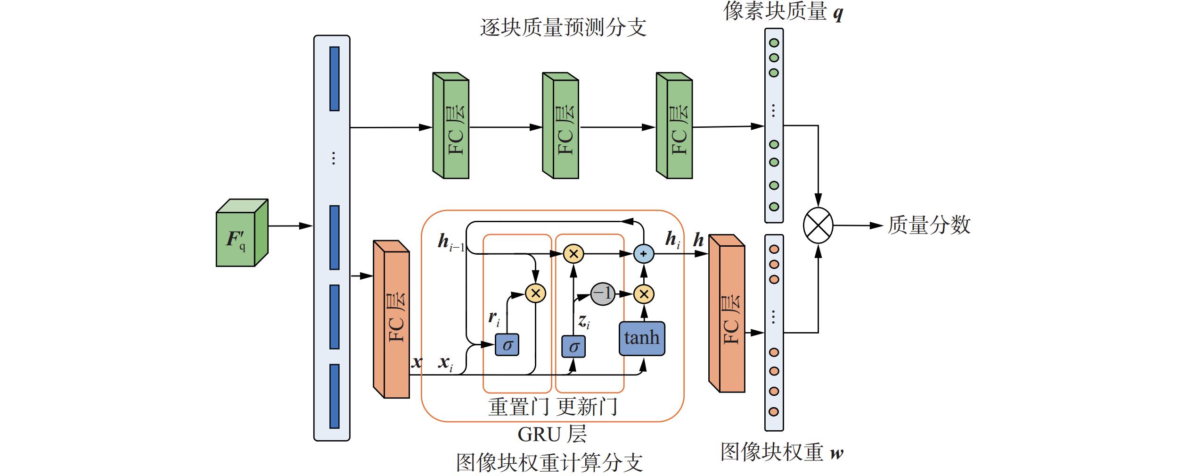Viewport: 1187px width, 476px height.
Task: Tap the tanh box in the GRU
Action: [641, 338]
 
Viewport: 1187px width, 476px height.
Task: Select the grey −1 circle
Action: [602, 294]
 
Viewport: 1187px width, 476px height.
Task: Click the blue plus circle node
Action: [644, 254]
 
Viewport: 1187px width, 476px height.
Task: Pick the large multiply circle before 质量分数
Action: [818, 225]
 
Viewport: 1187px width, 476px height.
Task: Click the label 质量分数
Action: [929, 225]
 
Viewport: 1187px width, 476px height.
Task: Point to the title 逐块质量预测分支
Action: [563, 27]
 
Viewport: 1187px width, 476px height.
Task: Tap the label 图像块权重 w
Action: [782, 452]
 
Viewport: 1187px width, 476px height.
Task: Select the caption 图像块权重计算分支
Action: [549, 463]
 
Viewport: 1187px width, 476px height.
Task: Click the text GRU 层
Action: [552, 434]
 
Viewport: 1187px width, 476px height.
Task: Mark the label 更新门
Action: [587, 407]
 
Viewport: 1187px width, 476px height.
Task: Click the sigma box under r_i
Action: [507, 345]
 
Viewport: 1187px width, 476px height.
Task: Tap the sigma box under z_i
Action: [573, 347]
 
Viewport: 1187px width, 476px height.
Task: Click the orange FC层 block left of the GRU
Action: [392, 320]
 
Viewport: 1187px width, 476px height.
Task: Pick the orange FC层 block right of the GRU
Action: [727, 314]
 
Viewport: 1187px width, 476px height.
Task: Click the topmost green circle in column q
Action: [774, 43]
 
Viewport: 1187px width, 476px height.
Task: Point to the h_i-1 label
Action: [450, 242]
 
